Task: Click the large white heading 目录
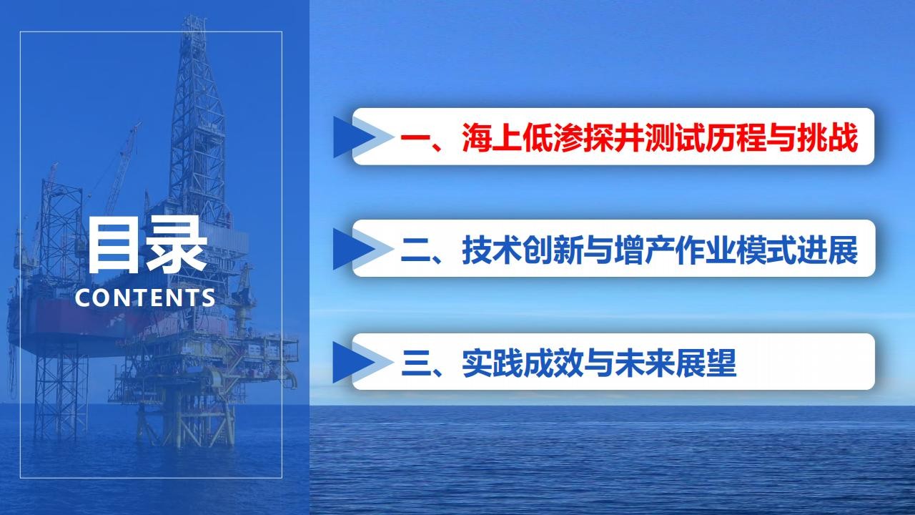point(147,245)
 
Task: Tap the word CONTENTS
point(145,298)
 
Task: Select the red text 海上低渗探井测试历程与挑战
point(660,137)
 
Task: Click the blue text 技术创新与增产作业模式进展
point(660,250)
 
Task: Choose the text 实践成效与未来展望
point(599,363)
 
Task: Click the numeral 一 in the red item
point(416,137)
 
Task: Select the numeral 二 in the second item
point(416,250)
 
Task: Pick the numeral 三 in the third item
point(416,363)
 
